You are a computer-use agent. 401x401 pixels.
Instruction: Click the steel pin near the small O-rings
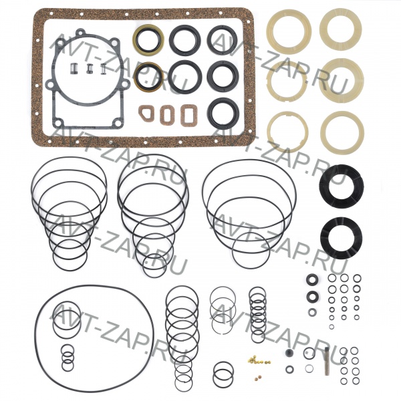point(327,361)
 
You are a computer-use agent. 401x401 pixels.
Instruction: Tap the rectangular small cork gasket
point(188,116)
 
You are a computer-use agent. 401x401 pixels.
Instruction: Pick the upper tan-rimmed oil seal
point(148,39)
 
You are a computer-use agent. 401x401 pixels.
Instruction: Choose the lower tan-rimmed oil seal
point(148,77)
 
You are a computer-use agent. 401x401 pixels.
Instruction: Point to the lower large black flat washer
point(341,238)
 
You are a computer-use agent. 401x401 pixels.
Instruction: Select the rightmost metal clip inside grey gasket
point(104,69)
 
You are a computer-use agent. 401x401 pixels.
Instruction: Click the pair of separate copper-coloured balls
point(257,377)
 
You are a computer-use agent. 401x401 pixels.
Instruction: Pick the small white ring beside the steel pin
point(309,368)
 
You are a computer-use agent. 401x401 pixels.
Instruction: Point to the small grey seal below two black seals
point(312,312)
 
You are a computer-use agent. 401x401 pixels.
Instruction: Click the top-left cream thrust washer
point(289,31)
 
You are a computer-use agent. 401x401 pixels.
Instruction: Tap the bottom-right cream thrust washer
point(342,132)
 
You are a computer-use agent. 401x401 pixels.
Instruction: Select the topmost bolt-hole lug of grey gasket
point(81,32)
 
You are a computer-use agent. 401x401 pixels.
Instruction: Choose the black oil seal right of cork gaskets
point(223,114)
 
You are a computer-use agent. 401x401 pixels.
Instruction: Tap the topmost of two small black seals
point(312,279)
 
